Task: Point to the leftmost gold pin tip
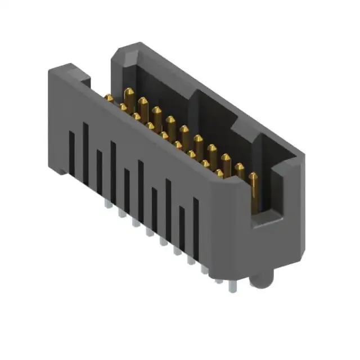click(108, 98)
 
